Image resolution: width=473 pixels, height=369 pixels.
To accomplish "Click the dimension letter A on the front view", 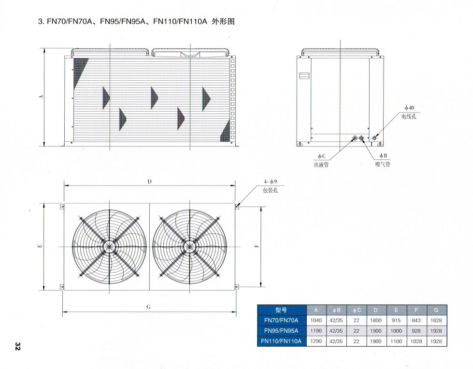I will (x=42, y=97).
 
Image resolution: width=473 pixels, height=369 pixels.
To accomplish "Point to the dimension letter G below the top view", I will (x=149, y=307).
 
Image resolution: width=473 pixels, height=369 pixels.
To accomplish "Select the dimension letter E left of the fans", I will (x=40, y=246).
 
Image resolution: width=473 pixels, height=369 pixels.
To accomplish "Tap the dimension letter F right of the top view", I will (x=258, y=245).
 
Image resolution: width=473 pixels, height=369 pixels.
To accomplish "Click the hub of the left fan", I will (x=110, y=247).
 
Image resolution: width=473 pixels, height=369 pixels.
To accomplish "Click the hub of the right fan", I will (x=189, y=247).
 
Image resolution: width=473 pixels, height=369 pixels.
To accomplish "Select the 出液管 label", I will (x=321, y=165).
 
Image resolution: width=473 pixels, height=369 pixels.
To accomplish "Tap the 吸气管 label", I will (x=383, y=165).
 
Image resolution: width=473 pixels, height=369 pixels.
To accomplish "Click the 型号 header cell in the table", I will (x=281, y=310).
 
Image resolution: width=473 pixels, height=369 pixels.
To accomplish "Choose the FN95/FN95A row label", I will (x=281, y=331).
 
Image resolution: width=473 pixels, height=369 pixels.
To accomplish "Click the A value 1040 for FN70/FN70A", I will (x=316, y=320).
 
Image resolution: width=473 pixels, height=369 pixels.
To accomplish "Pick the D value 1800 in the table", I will (x=376, y=320).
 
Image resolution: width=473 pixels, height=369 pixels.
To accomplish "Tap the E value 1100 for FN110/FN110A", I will (x=396, y=341).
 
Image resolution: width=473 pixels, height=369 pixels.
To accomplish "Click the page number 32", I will (x=17, y=346).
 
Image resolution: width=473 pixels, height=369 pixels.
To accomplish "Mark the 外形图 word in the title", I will (x=223, y=21).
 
